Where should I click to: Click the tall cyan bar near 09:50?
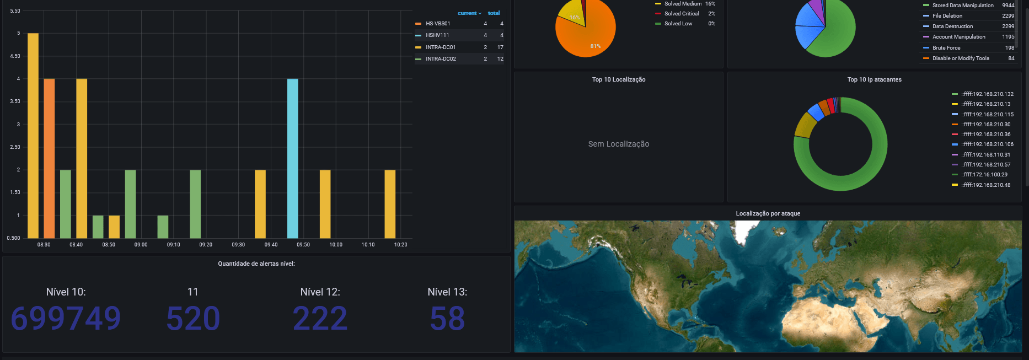point(292,158)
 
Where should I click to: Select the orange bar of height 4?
point(49,158)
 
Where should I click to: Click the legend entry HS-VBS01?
point(438,24)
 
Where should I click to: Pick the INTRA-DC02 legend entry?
point(441,59)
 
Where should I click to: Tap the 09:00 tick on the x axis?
point(141,245)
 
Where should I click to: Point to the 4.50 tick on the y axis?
point(15,56)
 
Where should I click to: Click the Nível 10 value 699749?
point(66,318)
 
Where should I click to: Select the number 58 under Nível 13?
point(447,318)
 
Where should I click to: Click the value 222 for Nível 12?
point(320,318)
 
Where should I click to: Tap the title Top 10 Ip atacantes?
point(875,79)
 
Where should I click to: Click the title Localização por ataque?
point(768,213)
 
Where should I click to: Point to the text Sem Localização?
point(619,144)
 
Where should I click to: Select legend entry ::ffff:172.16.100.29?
point(984,175)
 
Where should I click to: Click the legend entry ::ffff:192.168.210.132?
point(987,94)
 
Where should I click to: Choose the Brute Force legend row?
point(946,48)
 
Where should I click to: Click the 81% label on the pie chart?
point(596,46)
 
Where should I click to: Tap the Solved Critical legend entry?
point(682,14)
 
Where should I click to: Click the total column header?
point(494,13)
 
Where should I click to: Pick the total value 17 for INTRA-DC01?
point(500,47)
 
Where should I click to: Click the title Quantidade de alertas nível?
point(256,264)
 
